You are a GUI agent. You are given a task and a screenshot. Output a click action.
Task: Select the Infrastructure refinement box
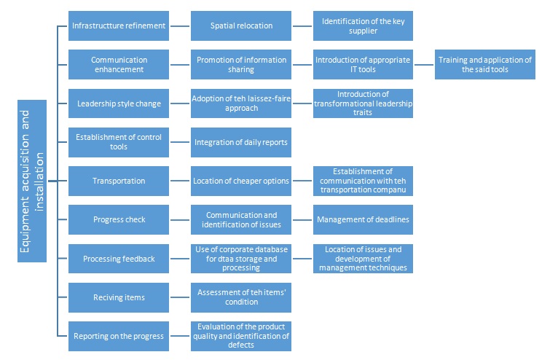click(x=119, y=26)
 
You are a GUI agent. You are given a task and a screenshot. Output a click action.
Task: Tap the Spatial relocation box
click(x=241, y=26)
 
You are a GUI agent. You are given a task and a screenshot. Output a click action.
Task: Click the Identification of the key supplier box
click(x=363, y=26)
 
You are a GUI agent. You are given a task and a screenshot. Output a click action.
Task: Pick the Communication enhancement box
click(x=119, y=64)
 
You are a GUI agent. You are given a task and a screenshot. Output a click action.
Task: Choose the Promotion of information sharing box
click(x=241, y=64)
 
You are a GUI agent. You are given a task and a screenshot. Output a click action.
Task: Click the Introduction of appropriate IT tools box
click(x=363, y=64)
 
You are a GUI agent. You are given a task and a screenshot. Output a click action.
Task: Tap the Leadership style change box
click(x=119, y=103)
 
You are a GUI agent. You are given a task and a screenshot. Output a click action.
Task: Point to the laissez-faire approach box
click(x=241, y=103)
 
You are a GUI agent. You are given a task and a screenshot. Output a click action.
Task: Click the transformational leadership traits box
click(x=363, y=103)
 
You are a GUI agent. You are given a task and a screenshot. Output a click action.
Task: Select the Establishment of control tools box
click(x=119, y=142)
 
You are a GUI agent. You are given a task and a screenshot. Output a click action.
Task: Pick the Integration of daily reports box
click(x=241, y=142)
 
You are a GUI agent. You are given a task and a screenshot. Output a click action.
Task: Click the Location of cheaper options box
click(x=241, y=181)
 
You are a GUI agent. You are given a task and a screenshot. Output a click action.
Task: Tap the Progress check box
click(x=119, y=219)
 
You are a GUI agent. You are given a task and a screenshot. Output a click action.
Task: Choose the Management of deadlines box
click(x=363, y=219)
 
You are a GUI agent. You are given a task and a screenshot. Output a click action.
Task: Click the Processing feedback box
click(x=119, y=259)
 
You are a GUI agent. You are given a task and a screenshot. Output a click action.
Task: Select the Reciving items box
click(x=119, y=297)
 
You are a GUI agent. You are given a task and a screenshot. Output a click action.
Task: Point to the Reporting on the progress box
click(x=119, y=336)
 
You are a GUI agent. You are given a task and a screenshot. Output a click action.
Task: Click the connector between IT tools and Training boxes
click(x=424, y=64)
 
